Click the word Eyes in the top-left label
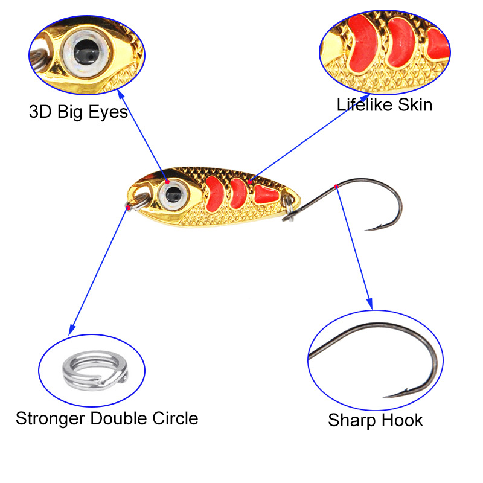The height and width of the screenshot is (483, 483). (108, 112)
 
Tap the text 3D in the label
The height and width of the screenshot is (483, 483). (40, 112)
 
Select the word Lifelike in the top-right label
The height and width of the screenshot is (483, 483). (365, 104)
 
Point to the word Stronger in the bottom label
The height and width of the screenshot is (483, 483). (50, 419)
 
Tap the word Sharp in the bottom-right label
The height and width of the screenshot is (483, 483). (352, 421)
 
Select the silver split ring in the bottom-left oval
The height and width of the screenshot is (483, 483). (95, 370)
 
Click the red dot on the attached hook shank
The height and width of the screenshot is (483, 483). (336, 187)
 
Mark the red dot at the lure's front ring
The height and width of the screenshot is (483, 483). (128, 208)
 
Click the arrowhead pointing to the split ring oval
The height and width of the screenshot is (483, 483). (72, 330)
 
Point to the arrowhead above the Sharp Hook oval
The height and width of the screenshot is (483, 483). (369, 304)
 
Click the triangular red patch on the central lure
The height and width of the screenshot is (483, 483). (266, 194)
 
